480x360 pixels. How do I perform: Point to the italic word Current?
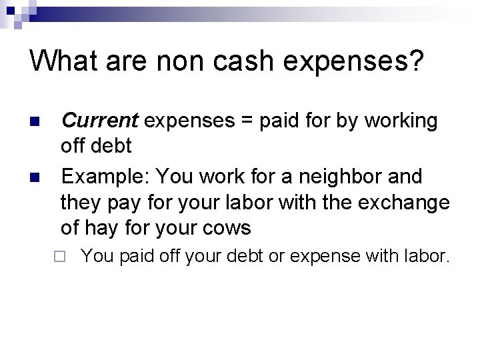point(99,121)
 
